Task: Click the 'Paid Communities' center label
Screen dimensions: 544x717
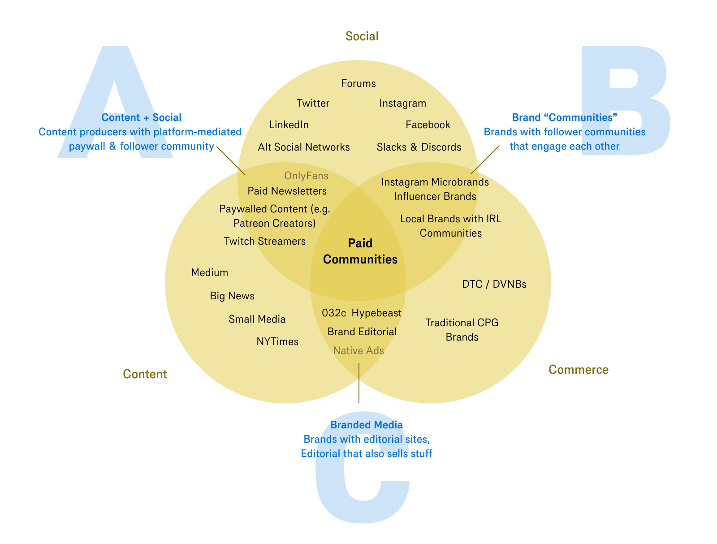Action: [x=360, y=251]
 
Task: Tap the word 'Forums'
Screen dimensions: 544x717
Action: [x=358, y=83]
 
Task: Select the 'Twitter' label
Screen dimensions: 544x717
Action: [x=313, y=104]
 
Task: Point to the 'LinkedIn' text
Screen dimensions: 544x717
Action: [x=289, y=125]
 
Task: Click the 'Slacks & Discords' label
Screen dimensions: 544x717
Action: [x=419, y=147]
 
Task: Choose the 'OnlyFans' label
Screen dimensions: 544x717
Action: [x=306, y=176]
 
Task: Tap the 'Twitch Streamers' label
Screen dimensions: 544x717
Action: [x=264, y=242]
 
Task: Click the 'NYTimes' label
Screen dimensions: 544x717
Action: [x=277, y=342]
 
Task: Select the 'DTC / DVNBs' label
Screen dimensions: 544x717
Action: [x=494, y=285]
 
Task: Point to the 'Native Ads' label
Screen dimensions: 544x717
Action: [x=358, y=351]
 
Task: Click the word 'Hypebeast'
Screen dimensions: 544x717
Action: [x=376, y=313]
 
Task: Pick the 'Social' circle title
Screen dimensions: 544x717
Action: [x=362, y=36]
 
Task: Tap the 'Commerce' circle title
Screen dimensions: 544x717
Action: [x=578, y=370]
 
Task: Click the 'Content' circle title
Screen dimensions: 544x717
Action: [x=145, y=374]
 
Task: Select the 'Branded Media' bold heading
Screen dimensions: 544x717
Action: [x=366, y=425]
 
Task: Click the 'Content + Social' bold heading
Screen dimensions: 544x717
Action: [x=141, y=118]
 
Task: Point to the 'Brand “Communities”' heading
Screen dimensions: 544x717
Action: [x=565, y=118]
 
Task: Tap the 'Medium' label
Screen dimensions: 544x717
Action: [x=209, y=273]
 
